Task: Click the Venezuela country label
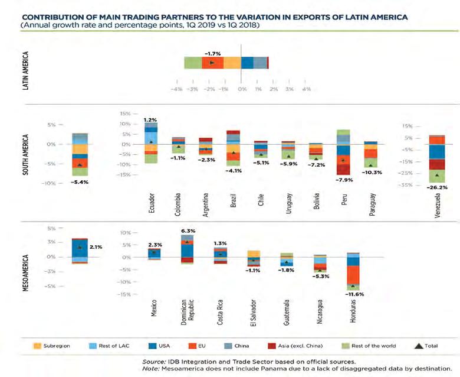(x=437, y=204)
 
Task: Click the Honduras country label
(x=353, y=308)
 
